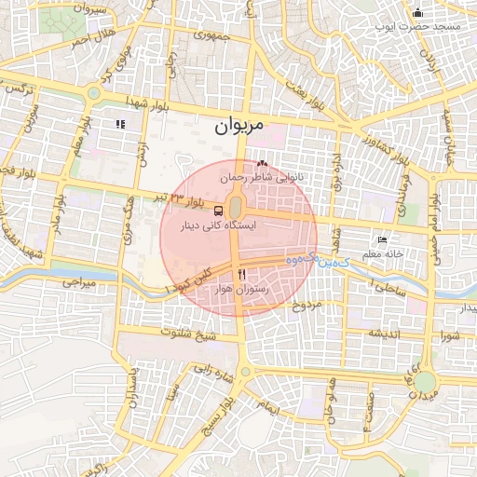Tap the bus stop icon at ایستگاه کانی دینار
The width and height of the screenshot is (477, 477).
216,211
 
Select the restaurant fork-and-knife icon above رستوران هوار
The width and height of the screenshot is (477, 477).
242,275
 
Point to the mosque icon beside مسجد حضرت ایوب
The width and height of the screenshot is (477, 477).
416,13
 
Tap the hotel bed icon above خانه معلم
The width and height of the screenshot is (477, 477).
382,239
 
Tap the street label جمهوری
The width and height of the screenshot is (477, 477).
209,34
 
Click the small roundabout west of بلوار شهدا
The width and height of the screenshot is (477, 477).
94,93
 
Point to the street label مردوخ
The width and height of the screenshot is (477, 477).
307,305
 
